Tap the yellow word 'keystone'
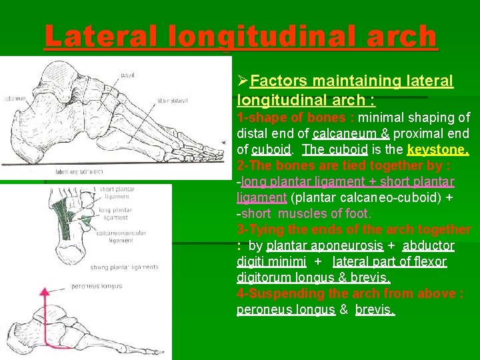pos(438,149)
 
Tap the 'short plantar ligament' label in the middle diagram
pos(116,193)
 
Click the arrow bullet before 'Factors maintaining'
pos(243,82)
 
